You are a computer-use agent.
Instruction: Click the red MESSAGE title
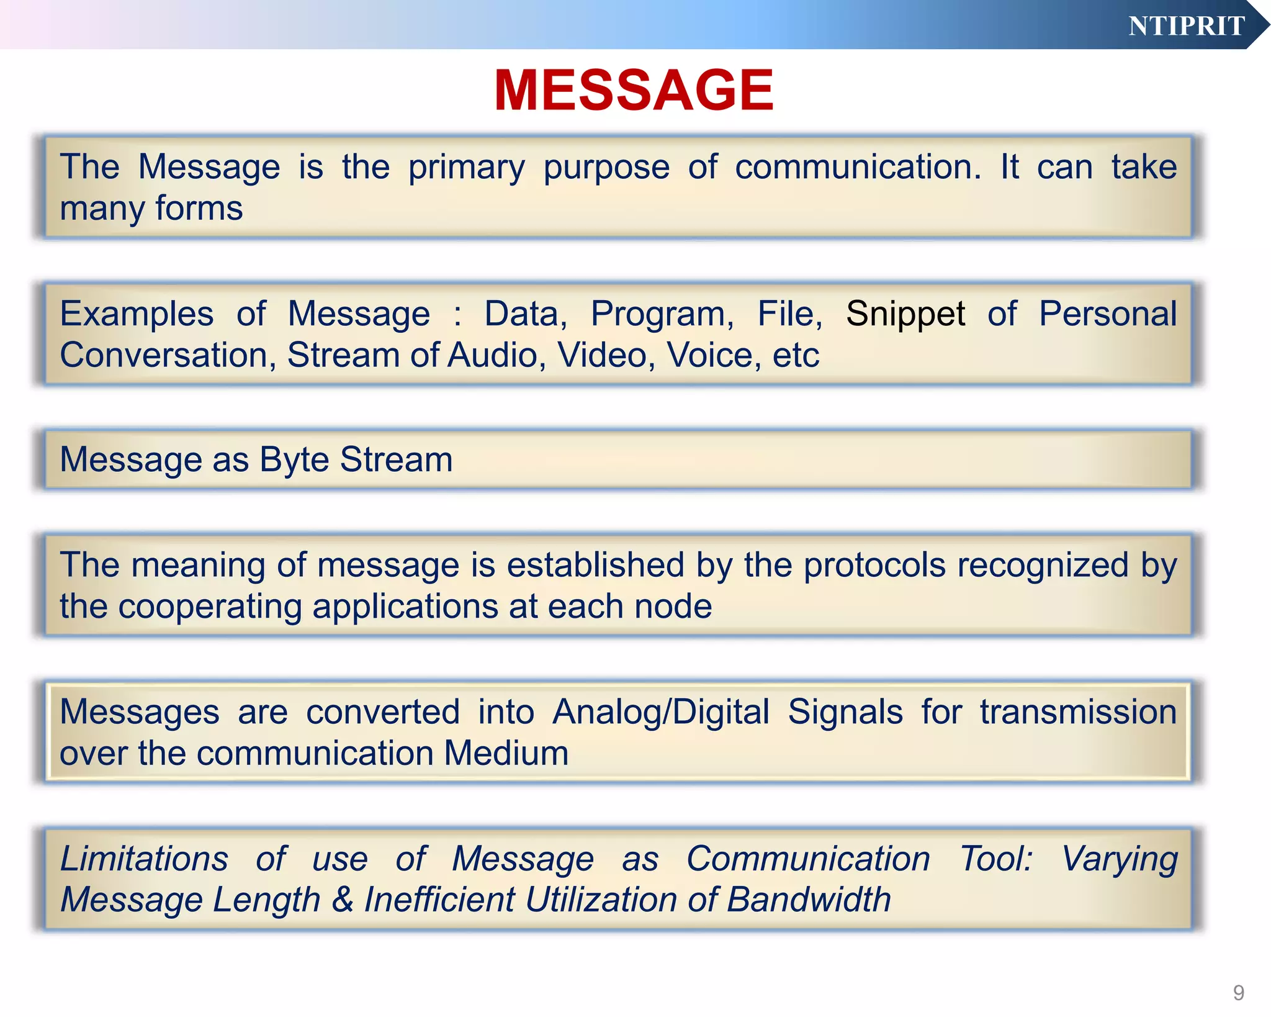[x=634, y=91]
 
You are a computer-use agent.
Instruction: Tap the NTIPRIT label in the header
[x=1186, y=26]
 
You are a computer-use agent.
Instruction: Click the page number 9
[x=1238, y=993]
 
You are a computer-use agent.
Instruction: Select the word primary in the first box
[x=466, y=168]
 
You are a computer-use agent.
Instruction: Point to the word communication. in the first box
[x=858, y=167]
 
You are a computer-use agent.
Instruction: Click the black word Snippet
[x=905, y=314]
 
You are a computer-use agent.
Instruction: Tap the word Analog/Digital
[x=661, y=712]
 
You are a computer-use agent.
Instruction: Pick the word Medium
[x=506, y=753]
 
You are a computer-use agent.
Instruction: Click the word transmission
[x=1078, y=712]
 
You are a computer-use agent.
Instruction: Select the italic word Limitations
[x=144, y=859]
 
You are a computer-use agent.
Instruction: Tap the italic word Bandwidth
[x=808, y=900]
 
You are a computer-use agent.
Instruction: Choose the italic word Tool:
[x=996, y=859]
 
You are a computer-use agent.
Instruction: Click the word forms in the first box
[x=199, y=209]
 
